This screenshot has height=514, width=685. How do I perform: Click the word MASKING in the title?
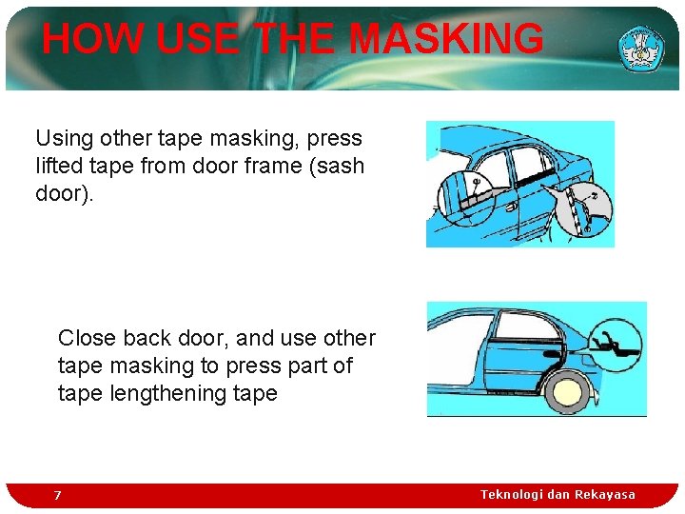[446, 40]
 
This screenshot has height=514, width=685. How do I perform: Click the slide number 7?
[57, 495]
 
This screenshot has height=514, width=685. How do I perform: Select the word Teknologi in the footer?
[512, 495]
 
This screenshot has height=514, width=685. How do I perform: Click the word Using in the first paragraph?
[64, 138]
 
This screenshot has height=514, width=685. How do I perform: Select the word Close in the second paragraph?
[87, 338]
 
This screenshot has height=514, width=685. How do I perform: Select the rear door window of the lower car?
[525, 328]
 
